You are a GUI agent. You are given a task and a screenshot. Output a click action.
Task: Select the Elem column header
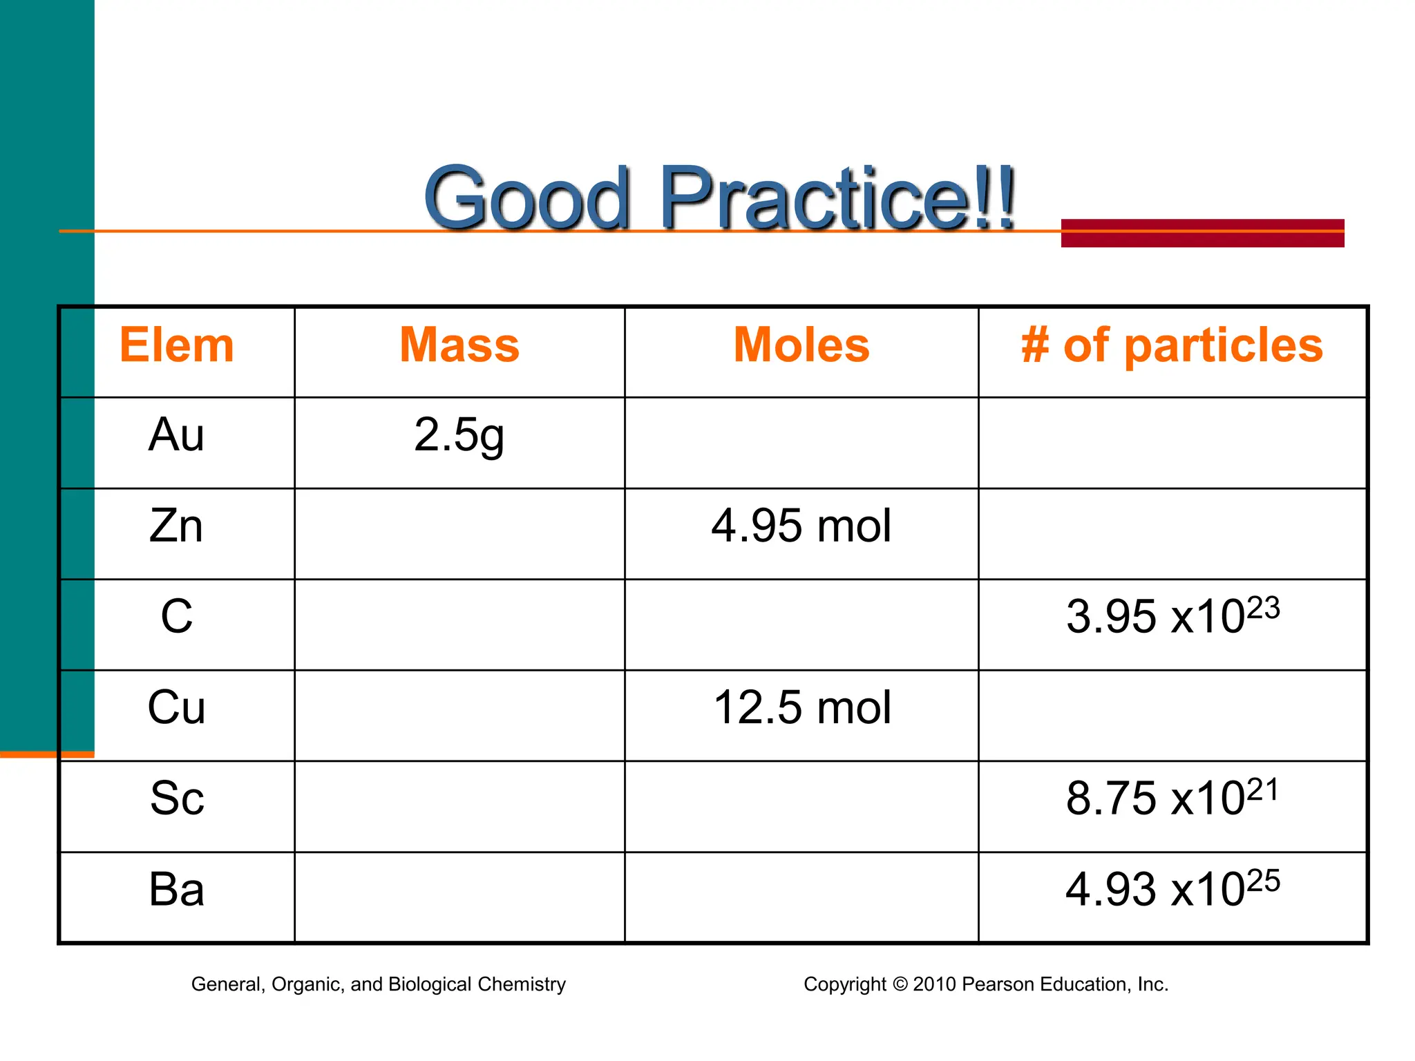point(177,345)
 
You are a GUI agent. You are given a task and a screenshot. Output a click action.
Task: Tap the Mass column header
point(459,345)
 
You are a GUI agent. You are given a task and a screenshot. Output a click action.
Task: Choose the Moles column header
point(801,345)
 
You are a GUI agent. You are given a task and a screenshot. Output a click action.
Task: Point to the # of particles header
point(1172,345)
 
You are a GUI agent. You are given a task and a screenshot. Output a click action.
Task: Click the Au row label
point(177,435)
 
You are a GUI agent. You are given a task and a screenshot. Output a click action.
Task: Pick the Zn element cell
point(177,526)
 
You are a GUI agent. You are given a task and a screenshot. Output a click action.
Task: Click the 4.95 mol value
point(801,526)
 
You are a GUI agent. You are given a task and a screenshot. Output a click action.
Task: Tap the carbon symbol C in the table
point(177,617)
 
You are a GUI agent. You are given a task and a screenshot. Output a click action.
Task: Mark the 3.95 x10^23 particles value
point(1172,615)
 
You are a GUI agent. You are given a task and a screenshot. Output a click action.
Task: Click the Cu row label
point(177,708)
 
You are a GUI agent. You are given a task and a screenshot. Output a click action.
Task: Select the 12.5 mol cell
point(801,708)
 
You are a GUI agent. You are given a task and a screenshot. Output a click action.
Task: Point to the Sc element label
point(177,799)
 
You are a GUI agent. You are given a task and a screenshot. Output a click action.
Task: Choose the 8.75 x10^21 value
point(1172,798)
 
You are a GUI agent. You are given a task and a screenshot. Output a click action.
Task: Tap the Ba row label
point(177,890)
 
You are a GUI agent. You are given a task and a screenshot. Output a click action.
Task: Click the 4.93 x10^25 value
point(1172,889)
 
